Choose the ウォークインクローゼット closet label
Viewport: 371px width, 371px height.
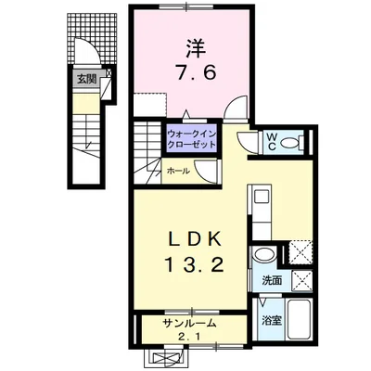coord(193,140)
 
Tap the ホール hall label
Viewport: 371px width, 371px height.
coord(178,172)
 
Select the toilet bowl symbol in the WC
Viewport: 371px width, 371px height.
coord(290,142)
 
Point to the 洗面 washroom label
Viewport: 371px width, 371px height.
coord(271,280)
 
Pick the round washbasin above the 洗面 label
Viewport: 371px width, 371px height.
coord(264,254)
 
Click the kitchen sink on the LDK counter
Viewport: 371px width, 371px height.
coord(259,198)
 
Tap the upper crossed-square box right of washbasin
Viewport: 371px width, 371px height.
coord(300,249)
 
